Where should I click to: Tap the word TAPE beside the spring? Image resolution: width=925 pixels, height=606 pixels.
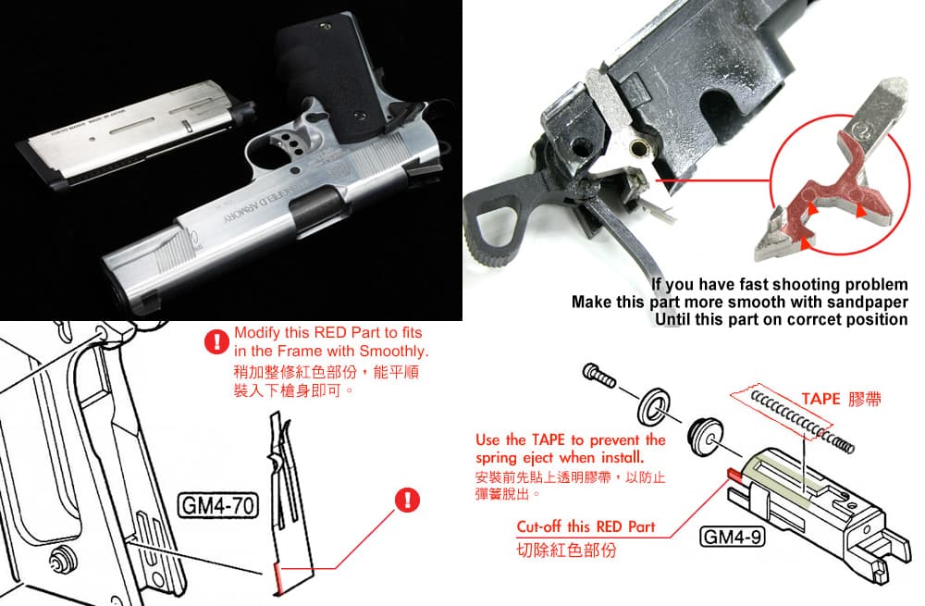pyautogui.click(x=820, y=399)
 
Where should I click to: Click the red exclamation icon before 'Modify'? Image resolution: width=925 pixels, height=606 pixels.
pyautogui.click(x=218, y=342)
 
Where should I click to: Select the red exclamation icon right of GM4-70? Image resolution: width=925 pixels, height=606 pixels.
pyautogui.click(x=407, y=501)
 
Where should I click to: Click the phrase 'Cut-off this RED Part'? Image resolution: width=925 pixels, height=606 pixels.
pyautogui.click(x=586, y=526)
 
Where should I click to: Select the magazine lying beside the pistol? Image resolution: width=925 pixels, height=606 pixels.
pyautogui.click(x=139, y=139)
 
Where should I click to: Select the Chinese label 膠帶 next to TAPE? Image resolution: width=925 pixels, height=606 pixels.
pyautogui.click(x=864, y=399)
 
